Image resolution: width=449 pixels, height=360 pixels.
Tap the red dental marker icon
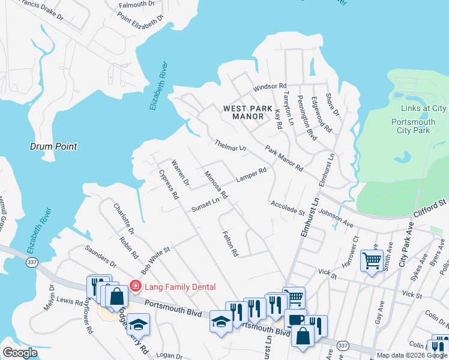coord(136,286)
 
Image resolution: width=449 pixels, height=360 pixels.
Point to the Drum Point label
coord(54,146)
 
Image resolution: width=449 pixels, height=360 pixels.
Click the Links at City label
coord(423,108)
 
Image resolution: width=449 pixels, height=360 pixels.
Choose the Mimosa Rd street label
coord(216,185)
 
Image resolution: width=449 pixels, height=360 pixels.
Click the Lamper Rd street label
coord(251,175)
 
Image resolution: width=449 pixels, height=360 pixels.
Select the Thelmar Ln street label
coord(231,146)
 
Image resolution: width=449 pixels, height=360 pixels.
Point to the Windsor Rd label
coord(270,86)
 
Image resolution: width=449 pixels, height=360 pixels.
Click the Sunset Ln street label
coord(206,204)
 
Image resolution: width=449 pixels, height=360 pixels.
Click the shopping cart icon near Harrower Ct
coord(372,261)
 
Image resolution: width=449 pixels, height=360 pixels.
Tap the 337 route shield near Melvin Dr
coord(32,262)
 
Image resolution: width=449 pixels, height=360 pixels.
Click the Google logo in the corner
coord(20,353)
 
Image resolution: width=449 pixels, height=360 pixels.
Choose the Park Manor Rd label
coord(284,158)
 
